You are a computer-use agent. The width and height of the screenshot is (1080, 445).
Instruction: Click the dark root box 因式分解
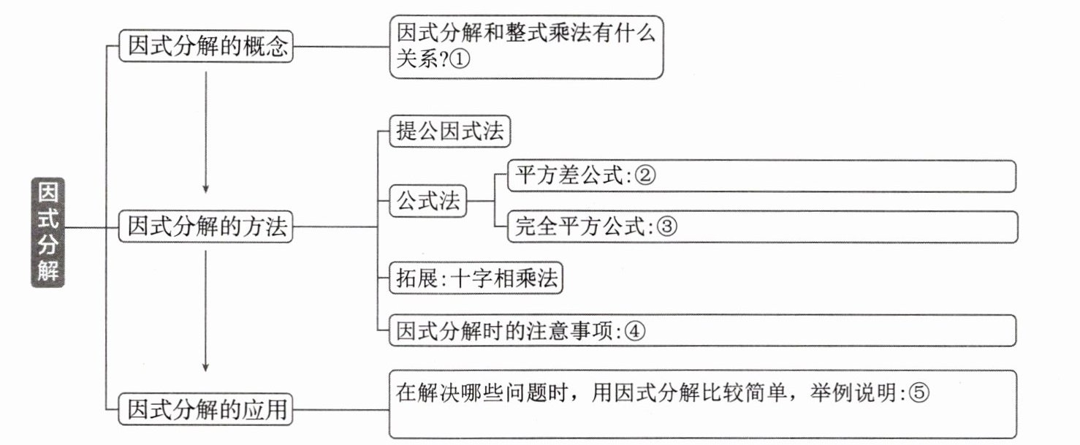(47, 232)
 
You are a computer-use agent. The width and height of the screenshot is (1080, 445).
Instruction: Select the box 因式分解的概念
(206, 46)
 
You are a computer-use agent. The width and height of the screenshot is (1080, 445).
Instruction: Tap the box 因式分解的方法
(206, 227)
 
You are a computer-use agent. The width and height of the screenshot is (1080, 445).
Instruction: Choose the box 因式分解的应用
(206, 409)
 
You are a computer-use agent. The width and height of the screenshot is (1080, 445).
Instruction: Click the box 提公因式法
(450, 131)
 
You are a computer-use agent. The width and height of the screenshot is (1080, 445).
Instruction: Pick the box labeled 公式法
(428, 201)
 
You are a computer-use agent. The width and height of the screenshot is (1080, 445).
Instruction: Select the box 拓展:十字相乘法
(476, 278)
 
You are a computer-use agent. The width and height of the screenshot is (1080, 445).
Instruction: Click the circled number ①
(459, 60)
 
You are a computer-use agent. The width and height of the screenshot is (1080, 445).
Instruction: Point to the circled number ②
(645, 175)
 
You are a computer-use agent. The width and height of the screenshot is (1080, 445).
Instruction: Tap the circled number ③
(667, 227)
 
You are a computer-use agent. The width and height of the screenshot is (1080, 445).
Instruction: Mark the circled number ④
(635, 332)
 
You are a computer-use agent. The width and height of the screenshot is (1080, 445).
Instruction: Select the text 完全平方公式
(580, 227)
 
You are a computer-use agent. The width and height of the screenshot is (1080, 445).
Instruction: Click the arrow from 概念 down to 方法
(206, 132)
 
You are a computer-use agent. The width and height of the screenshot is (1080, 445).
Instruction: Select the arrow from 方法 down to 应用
(206, 311)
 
